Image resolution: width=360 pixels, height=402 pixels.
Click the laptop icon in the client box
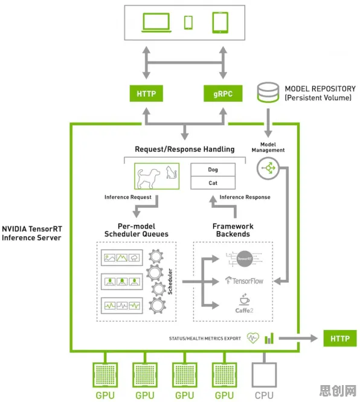pos(156,23)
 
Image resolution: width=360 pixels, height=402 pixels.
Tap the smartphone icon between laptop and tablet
pos(188,22)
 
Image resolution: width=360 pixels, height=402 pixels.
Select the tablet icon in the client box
pos(220,22)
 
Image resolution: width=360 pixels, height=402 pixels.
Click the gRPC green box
pos(223,94)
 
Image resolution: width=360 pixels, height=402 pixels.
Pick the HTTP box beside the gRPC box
pos(146,94)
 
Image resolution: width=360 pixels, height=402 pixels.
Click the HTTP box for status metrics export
pos(340,339)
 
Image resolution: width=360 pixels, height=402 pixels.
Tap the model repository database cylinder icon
pos(268,92)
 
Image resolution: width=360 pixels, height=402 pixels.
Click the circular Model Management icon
pos(268,169)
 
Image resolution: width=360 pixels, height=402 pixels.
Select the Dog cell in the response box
pos(213,169)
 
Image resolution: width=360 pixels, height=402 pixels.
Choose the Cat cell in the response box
pos(213,183)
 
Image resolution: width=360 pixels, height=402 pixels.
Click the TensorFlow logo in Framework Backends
pos(244,280)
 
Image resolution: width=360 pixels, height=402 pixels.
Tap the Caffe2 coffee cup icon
pos(245,299)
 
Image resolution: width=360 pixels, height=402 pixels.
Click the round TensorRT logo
pos(245,259)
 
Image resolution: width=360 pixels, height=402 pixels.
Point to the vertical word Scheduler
pos(170,281)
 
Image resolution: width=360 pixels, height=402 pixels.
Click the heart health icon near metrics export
pos(253,338)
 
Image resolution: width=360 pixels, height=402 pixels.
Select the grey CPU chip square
pos(264,375)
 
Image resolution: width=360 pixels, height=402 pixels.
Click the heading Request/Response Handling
pos(185,149)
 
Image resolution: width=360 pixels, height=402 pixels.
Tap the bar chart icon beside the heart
pos(269,339)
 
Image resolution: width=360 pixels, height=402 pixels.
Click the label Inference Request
pos(128,197)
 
